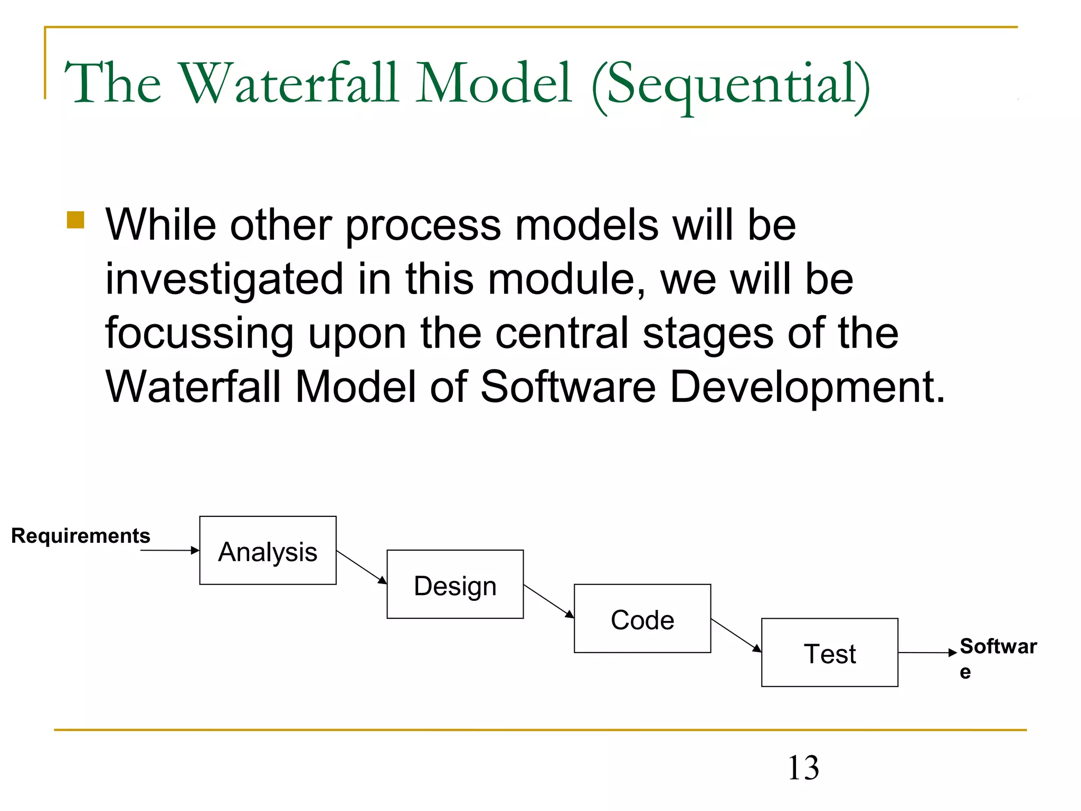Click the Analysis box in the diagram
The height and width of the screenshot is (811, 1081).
point(268,550)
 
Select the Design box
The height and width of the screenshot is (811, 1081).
point(455,584)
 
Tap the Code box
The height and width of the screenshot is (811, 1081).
point(642,618)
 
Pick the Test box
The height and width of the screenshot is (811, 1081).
point(829,653)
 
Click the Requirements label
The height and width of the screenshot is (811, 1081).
point(81,535)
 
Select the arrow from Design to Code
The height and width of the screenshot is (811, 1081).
point(549,601)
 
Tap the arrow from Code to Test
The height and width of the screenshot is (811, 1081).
point(736,635)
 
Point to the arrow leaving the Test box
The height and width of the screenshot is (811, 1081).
point(927,653)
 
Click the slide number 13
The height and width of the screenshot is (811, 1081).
point(803,768)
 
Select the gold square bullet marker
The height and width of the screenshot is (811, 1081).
point(75,220)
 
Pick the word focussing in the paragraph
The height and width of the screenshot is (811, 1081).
point(199,334)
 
